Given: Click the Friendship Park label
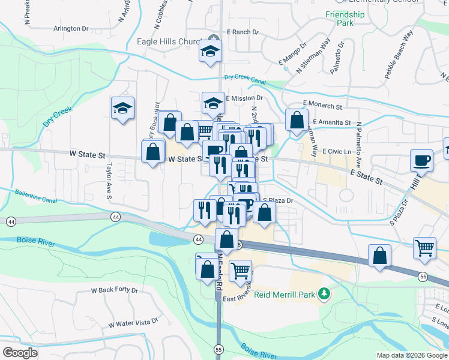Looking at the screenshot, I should (x=345, y=19).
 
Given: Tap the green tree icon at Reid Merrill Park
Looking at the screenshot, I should (x=325, y=293).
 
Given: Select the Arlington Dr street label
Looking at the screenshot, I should (x=71, y=28).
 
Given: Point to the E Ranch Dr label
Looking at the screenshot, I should (x=243, y=32).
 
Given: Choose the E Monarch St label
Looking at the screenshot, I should (x=322, y=106).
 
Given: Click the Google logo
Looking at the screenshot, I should (x=20, y=353).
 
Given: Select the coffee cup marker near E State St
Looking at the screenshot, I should (x=421, y=160).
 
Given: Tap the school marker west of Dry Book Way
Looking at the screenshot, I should (x=122, y=109).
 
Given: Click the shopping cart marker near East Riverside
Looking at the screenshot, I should (x=241, y=271).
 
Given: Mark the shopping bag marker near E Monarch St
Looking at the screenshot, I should (x=297, y=120).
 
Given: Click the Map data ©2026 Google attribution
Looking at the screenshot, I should (x=411, y=355).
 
